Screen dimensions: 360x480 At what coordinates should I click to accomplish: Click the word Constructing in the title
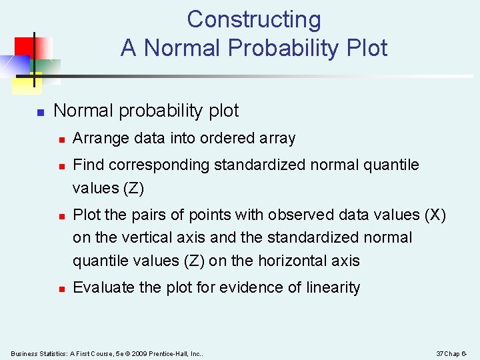[253, 19]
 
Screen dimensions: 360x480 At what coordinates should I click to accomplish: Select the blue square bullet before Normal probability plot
[40, 112]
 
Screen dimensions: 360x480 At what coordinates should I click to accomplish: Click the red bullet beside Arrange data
[61, 139]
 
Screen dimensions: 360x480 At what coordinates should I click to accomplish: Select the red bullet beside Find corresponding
[61, 165]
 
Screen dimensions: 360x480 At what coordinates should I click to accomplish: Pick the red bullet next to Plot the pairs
[61, 216]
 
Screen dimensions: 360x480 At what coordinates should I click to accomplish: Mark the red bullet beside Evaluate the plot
[61, 289]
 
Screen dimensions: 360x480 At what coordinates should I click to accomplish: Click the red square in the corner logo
[25, 45]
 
